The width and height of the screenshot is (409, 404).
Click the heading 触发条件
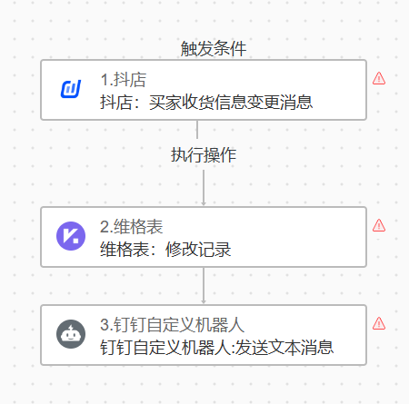214,49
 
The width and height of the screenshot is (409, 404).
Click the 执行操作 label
204,155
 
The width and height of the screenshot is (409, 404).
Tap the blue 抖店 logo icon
71,89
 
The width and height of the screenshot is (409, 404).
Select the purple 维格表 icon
71,236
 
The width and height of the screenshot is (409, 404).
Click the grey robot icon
71,334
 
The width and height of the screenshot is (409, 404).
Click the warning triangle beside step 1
379,78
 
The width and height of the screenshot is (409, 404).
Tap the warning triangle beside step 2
379,225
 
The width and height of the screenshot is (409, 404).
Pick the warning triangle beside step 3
379,323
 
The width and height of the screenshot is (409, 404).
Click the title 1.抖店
124,80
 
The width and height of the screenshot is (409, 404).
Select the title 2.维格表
132,227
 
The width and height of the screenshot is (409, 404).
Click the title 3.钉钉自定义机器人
172,325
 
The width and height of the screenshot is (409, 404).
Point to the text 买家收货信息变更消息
231,103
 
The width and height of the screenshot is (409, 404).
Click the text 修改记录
198,250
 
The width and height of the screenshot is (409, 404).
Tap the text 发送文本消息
284,347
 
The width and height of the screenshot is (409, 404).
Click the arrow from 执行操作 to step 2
204,188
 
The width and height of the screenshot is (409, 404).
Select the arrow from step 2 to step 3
204,286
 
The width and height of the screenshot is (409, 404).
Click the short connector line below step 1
197,130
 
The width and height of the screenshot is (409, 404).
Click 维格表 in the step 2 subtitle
125,250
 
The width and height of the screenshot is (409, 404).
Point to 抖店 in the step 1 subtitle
116,103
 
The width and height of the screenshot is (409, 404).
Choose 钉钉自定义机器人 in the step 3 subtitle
165,347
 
